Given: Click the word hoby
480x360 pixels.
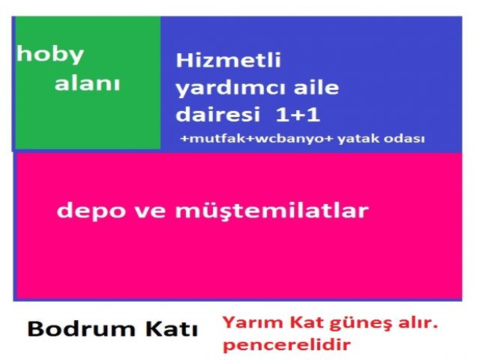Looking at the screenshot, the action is tap(50, 55).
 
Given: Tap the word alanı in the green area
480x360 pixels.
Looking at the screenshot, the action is tap(87, 82).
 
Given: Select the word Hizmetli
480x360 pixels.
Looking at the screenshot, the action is tap(228, 60).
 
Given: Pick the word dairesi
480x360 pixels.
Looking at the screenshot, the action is tap(218, 114).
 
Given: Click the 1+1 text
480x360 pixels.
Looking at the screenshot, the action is tap(298, 115).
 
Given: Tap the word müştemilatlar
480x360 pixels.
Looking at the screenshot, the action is tap(271, 211).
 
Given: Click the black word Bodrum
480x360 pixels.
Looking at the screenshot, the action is tap(82, 329).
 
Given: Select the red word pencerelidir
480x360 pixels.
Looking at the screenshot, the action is tap(286, 345).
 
